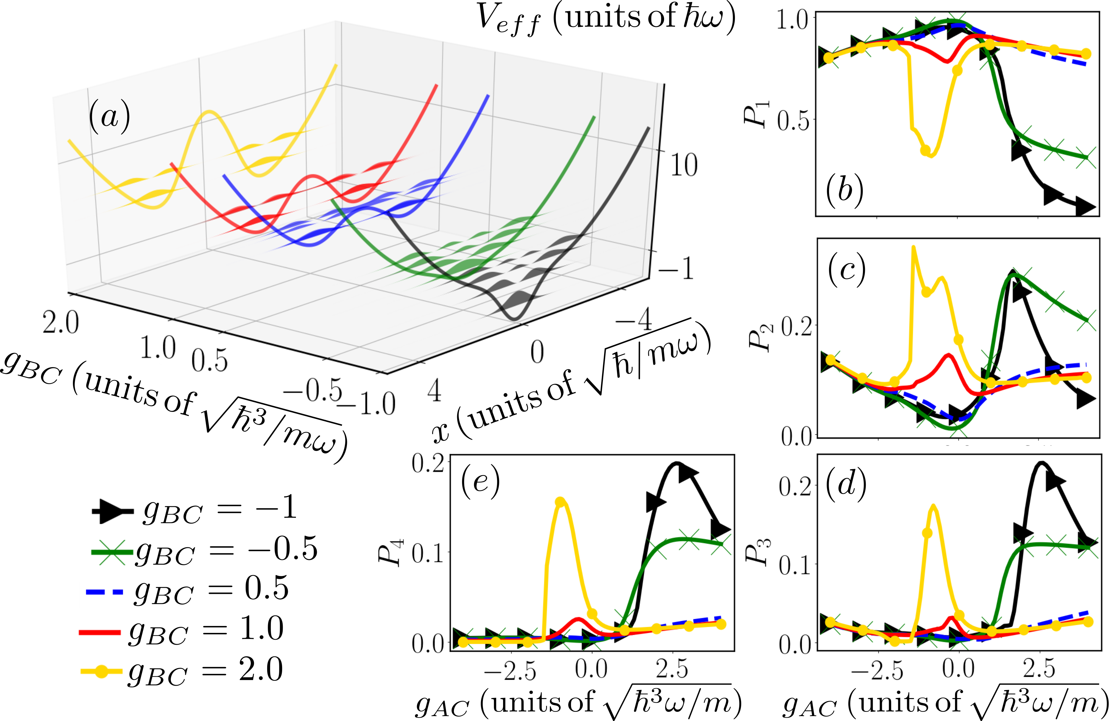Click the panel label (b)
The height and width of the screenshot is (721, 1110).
(x=845, y=190)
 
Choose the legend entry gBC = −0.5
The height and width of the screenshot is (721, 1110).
(x=204, y=550)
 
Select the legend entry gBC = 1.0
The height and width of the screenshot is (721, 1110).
(x=181, y=631)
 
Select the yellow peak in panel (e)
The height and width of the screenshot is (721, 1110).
(x=561, y=500)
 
